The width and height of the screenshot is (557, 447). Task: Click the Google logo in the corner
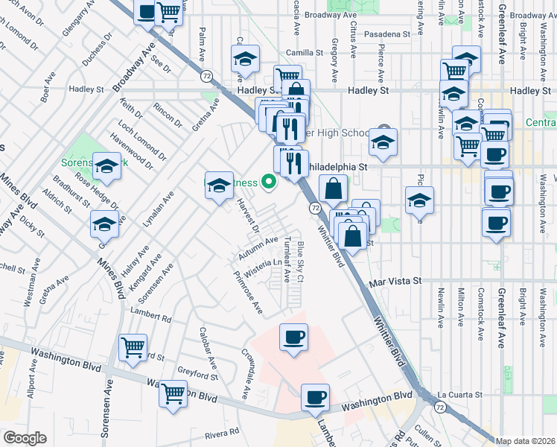pyautogui.click(x=24, y=438)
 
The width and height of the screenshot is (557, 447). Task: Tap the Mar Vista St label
pyautogui.click(x=396, y=282)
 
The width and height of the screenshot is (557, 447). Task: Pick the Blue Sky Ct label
pyautogui.click(x=301, y=261)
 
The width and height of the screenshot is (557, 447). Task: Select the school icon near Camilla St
pyautogui.click(x=244, y=58)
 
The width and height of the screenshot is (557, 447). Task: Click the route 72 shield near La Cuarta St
pyautogui.click(x=440, y=407)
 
